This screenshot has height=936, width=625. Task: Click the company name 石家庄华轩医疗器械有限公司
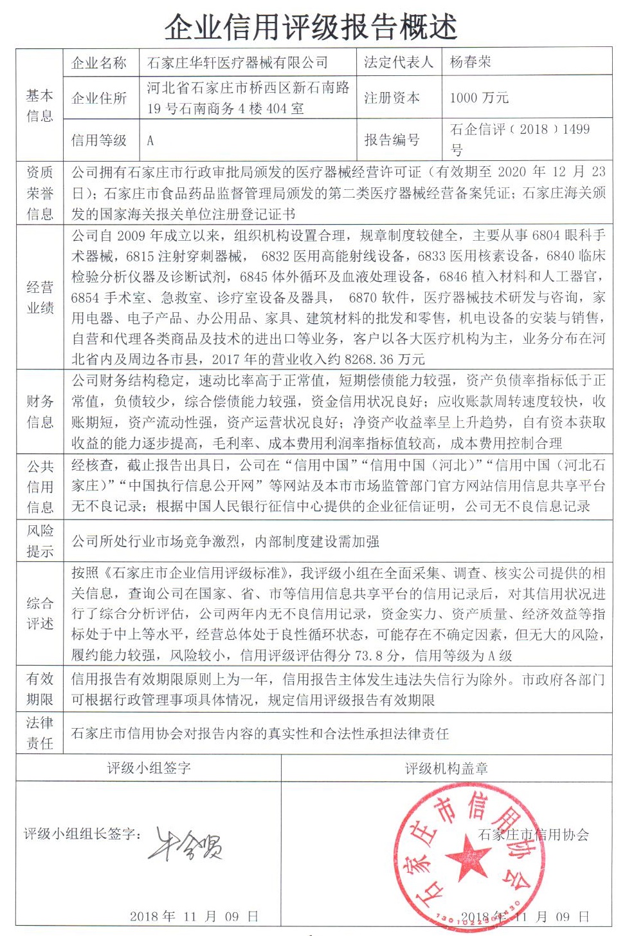(237, 62)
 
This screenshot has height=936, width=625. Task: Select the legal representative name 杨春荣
(470, 62)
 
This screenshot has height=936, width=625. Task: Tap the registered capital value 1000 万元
(479, 98)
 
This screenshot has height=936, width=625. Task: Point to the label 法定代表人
(399, 62)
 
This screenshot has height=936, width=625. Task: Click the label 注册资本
(392, 98)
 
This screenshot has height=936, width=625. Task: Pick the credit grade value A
(150, 140)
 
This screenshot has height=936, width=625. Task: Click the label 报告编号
(392, 140)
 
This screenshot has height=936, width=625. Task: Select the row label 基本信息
(39, 106)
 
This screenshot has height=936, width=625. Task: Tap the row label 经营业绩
(39, 297)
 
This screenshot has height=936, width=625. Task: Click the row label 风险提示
(39, 541)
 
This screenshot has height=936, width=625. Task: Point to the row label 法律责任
(39, 733)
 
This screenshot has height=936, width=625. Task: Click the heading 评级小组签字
(149, 768)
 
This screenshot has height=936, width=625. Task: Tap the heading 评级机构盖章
(446, 768)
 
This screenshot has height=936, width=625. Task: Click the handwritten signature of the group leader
(186, 843)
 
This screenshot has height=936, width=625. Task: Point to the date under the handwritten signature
(194, 916)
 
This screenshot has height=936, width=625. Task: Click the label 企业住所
(99, 98)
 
